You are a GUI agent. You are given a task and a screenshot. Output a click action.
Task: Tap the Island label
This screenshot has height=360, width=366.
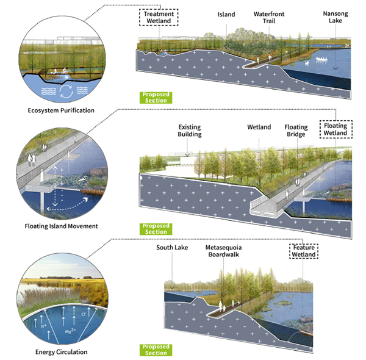pos(225,13)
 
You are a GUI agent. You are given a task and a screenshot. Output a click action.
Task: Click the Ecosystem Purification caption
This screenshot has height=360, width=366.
pos(61,110)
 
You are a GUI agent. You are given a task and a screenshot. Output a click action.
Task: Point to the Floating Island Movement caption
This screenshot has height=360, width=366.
pos(62,226)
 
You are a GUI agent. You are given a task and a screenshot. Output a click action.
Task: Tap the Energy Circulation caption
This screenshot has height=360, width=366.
pos(61,351)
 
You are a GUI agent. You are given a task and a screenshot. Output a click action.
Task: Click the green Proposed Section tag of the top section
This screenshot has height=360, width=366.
pos(154,97)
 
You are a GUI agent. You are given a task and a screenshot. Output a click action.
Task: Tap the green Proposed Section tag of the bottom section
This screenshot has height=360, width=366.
pos(154,350)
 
